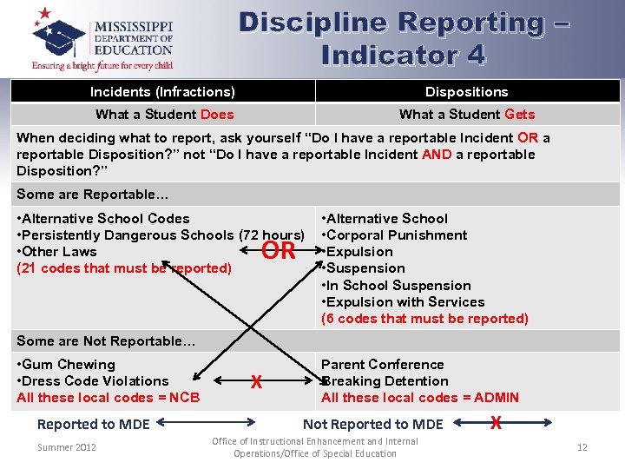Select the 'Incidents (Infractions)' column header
[162, 92]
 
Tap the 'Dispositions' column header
[466, 92]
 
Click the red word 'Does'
[217, 115]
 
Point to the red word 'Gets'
[519, 115]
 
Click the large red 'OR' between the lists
[279, 252]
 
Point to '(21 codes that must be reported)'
[124, 268]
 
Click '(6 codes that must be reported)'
[424, 319]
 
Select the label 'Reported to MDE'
[94, 425]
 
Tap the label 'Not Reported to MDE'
[372, 425]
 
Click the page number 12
[582, 447]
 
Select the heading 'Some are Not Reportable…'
[106, 341]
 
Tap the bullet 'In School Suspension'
[398, 286]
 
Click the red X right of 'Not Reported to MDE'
[496, 423]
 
